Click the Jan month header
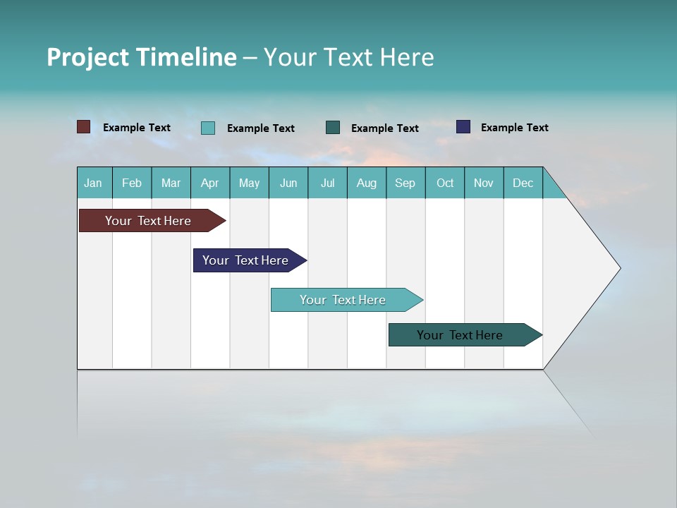(94, 183)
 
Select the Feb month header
(132, 183)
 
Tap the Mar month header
(171, 183)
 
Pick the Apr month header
(210, 183)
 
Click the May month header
(249, 183)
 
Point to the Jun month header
(288, 183)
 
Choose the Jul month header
(327, 183)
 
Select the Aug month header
(367, 183)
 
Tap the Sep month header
(405, 183)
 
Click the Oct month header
(445, 183)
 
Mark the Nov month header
(484, 183)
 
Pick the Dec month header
(523, 183)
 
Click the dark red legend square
(83, 127)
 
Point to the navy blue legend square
(463, 127)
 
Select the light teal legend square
(208, 128)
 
